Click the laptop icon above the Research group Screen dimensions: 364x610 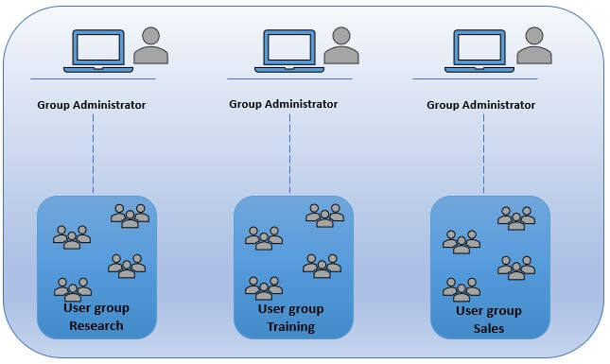tap(97, 50)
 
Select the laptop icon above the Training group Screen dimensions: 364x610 tap(288, 49)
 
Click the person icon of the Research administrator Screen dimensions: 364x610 tap(150, 46)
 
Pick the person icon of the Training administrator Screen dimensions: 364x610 tap(341, 45)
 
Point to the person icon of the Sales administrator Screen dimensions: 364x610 tap(534, 45)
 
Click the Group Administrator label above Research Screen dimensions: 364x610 tap(92, 105)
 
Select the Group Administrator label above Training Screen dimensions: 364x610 tap(284, 103)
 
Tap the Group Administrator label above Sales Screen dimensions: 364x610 tap(480, 105)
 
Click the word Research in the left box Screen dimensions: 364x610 tap(96, 326)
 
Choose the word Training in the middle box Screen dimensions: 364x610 tap(289, 327)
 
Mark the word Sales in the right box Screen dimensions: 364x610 tap(489, 328)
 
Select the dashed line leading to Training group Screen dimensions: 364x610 tap(289, 151)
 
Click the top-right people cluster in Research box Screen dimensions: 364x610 tap(130, 217)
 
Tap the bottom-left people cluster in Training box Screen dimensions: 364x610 tap(264, 286)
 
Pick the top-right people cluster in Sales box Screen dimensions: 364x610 tap(516, 218)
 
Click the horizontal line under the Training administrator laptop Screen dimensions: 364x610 tap(288, 78)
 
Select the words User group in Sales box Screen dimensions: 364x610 tap(489, 310)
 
